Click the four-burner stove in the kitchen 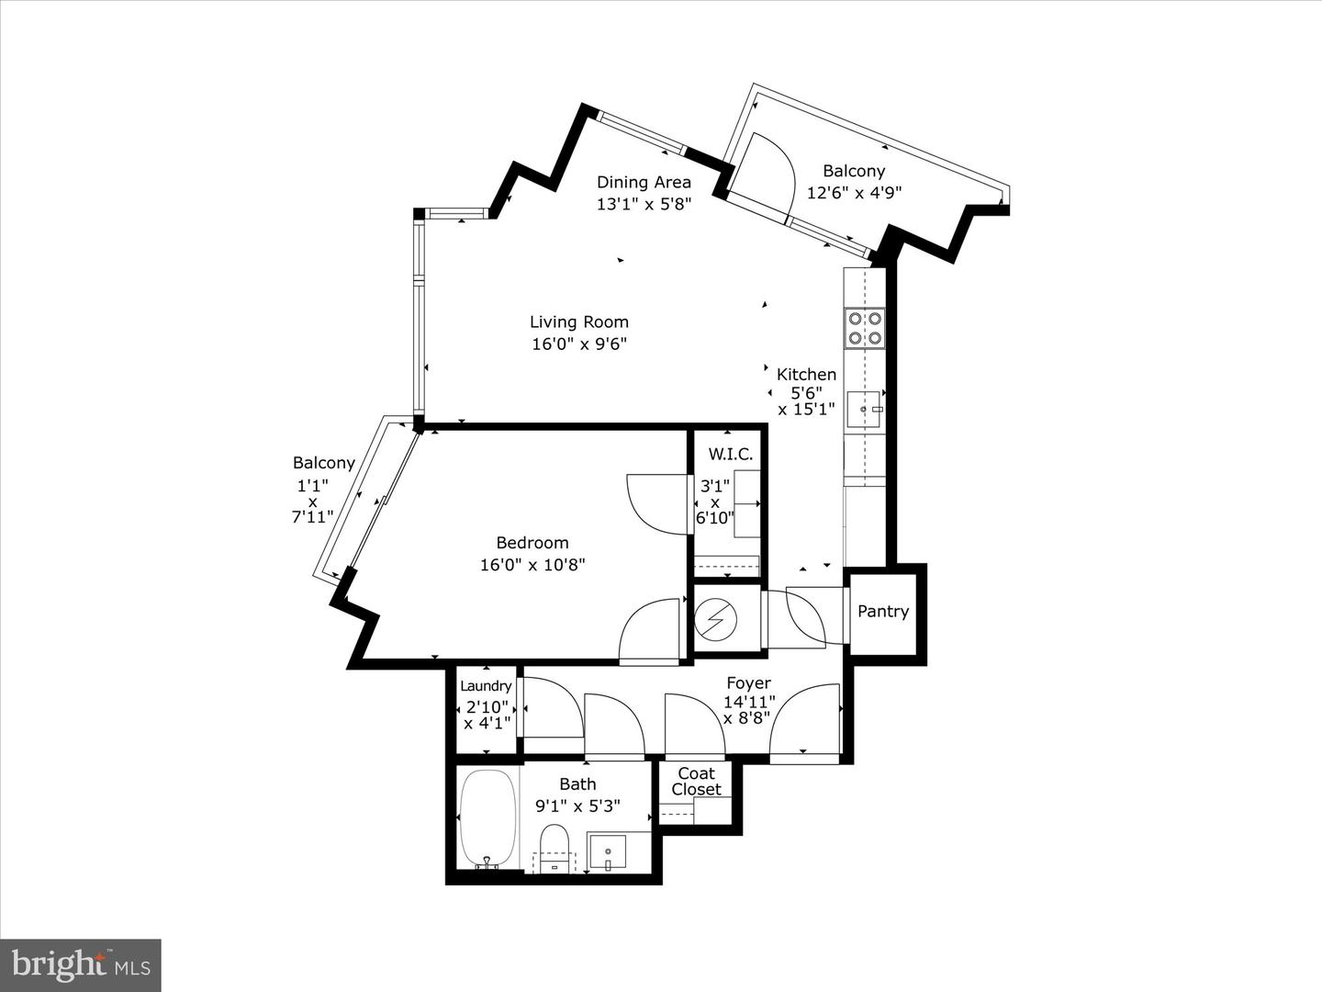click(865, 328)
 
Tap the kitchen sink click(864, 409)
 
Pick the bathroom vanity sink click(607, 851)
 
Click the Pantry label click(883, 612)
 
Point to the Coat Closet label click(696, 782)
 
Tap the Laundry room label click(486, 686)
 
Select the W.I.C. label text click(730, 455)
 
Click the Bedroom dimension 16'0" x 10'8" click(532, 565)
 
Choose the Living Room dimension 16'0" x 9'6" click(579, 344)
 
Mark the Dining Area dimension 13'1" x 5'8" click(644, 204)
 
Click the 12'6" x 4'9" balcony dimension click(854, 193)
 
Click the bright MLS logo click(81, 964)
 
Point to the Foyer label click(748, 683)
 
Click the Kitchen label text click(806, 375)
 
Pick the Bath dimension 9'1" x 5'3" click(577, 806)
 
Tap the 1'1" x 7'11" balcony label click(312, 502)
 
